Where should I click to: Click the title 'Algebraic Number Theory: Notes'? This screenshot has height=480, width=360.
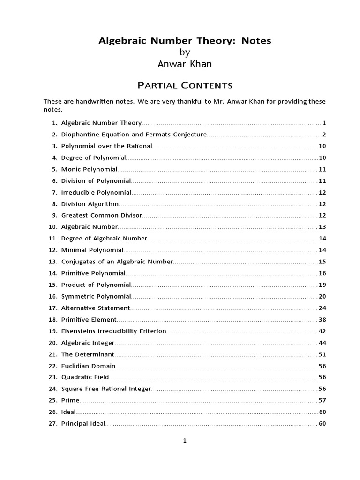point(184,41)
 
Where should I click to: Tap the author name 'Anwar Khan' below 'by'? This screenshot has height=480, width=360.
point(185,64)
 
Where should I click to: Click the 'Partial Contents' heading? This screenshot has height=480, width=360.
point(184,85)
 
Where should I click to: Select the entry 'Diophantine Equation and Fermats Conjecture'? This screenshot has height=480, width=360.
point(134,135)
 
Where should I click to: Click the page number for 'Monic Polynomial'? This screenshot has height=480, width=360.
point(322,169)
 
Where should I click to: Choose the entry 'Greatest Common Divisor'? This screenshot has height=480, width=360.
point(101,215)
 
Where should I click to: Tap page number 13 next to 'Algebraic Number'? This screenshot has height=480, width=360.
point(322,227)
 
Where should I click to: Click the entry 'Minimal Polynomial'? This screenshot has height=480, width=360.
point(92,250)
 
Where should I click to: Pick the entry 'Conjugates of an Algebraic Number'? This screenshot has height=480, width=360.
point(117,262)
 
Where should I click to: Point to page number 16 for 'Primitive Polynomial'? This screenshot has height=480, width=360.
point(322,273)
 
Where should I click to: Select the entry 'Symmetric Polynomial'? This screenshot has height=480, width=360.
point(96,296)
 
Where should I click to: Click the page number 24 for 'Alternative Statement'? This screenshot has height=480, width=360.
point(322,308)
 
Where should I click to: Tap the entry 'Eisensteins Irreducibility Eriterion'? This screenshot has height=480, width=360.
point(113,331)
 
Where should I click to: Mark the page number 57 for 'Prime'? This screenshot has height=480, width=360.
point(322,400)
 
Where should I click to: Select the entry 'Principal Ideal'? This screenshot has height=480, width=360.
point(83,423)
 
